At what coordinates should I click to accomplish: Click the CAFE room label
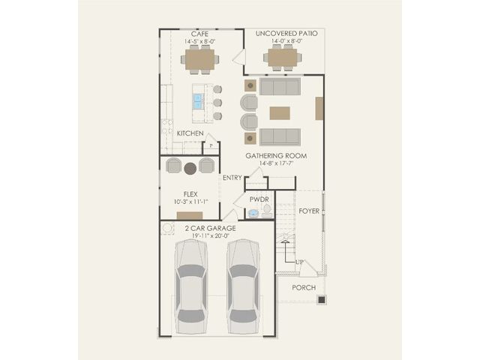[200, 34]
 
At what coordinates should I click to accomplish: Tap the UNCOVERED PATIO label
[286, 33]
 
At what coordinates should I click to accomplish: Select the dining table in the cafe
[200, 59]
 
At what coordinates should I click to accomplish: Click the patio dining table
[283, 58]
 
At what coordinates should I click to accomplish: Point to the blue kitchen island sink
[198, 101]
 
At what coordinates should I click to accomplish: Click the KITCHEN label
[190, 133]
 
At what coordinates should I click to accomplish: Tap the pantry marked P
[211, 146]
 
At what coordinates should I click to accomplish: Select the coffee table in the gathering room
[280, 113]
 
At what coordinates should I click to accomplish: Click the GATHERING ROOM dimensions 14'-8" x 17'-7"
[277, 163]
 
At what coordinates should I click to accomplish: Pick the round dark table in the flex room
[190, 168]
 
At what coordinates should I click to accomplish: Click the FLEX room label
[190, 194]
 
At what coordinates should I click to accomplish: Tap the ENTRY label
[232, 178]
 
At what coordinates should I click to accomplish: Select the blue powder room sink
[253, 213]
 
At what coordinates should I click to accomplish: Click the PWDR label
[259, 199]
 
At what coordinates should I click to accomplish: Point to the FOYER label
[309, 211]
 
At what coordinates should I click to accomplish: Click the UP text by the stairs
[300, 262]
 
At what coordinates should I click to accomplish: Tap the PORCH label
[304, 288]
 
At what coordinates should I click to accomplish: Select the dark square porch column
[322, 300]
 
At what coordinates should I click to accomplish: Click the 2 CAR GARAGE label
[210, 228]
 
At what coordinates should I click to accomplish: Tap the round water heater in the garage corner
[167, 228]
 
